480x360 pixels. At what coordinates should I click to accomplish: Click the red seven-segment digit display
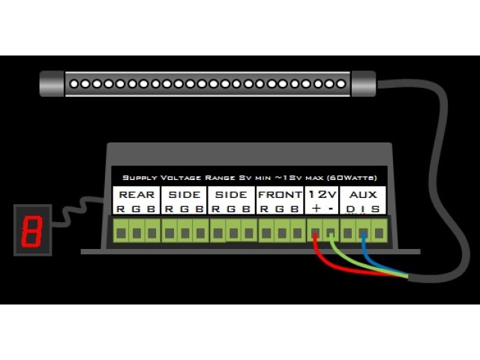32,232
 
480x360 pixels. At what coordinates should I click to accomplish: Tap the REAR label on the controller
136,195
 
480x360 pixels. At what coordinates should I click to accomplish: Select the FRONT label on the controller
279,195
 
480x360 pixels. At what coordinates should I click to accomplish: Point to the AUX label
364,195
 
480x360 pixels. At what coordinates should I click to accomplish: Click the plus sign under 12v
316,209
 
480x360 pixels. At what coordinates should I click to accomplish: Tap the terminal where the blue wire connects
363,232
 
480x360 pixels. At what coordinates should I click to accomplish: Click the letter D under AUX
349,209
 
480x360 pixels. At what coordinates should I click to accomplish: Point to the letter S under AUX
376,209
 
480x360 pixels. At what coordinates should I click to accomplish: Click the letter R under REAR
120,209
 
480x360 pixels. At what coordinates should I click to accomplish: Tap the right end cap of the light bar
364,83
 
